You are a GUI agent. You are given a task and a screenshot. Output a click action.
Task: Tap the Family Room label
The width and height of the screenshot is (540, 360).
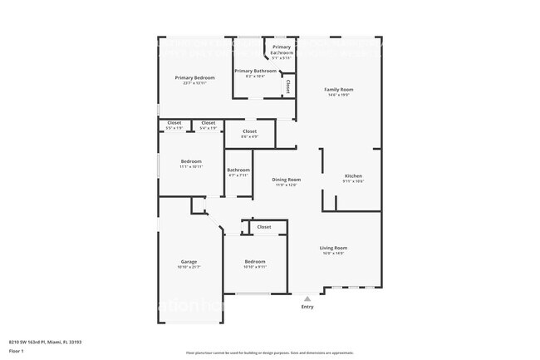pos(338,89)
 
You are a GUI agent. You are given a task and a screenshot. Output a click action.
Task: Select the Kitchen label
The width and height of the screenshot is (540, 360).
pos(354,175)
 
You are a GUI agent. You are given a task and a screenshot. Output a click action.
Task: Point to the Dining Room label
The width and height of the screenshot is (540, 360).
pos(287,180)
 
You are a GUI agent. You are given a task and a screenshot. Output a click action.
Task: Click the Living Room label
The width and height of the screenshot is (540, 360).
pos(334,248)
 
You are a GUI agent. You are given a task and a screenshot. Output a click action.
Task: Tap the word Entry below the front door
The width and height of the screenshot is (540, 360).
pos(307,307)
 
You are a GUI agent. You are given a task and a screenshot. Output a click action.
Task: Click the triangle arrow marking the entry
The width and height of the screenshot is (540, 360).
pos(307,298)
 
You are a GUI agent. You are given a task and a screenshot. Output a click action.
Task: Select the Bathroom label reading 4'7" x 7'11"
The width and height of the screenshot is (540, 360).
pos(238,170)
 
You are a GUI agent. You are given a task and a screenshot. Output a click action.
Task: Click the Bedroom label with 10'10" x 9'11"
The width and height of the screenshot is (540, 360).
pos(254,261)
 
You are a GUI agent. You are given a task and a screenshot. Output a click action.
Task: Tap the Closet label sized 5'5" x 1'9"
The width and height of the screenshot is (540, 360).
pos(174,123)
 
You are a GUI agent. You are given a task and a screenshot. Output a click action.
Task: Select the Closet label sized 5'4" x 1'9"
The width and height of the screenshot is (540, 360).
pos(208,123)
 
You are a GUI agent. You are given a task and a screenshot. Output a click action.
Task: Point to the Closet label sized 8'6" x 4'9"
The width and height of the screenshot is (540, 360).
pos(249,131)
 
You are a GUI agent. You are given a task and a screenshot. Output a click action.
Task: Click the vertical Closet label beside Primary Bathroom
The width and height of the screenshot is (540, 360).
pos(287,85)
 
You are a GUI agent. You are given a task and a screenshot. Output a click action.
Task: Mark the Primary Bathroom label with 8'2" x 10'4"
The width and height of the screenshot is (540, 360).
pos(255,72)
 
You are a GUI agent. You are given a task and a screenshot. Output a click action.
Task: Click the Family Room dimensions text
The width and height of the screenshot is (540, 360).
pos(338,95)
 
